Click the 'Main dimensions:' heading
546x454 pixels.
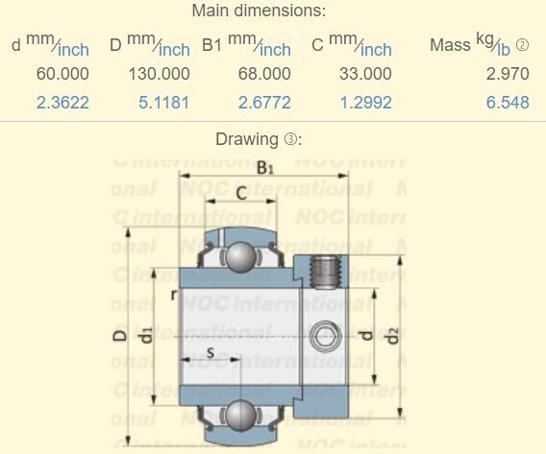click(259, 12)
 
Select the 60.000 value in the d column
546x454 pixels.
click(62, 74)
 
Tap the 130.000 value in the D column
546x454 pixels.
click(159, 74)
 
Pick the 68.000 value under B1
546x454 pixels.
click(263, 74)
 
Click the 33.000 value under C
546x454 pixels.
click(365, 74)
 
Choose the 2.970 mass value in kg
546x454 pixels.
click(507, 74)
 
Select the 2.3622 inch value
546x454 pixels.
click(62, 102)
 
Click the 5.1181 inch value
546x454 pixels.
click(163, 102)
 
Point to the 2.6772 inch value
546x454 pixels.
click(263, 102)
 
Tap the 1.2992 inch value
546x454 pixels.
click(365, 102)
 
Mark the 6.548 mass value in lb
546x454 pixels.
click(507, 102)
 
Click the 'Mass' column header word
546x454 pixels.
click(450, 46)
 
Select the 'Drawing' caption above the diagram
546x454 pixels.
click(246, 139)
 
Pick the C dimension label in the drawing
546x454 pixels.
click(240, 193)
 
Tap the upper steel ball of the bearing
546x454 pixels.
click(239, 257)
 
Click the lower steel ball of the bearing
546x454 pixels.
click(239, 416)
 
